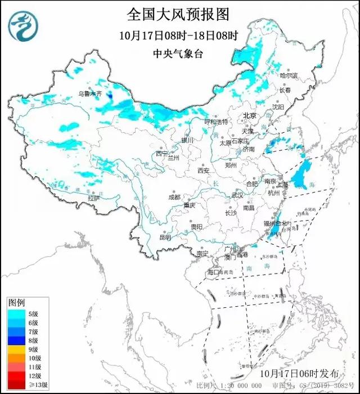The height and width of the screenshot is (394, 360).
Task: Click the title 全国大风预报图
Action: [180, 13]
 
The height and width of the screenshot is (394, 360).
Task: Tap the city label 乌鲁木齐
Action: [90, 93]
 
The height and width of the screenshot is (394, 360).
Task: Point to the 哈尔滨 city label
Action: [288, 75]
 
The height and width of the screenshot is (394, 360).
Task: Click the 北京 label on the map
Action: [249, 115]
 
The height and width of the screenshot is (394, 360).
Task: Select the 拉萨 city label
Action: [93, 198]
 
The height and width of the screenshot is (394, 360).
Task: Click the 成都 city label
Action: [174, 197]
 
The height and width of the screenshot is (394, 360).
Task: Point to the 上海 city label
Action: [281, 183]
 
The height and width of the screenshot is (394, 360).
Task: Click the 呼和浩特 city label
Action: [216, 122]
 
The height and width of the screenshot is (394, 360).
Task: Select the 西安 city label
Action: [203, 171]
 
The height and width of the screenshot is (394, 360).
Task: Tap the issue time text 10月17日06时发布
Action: [300, 373]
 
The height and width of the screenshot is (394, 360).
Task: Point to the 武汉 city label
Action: [237, 195]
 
